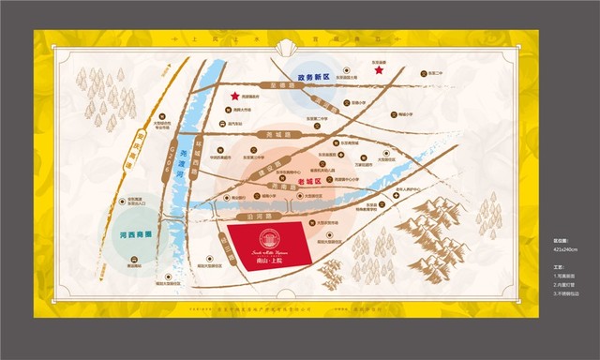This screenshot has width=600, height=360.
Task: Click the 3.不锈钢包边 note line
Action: tap(568, 293)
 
